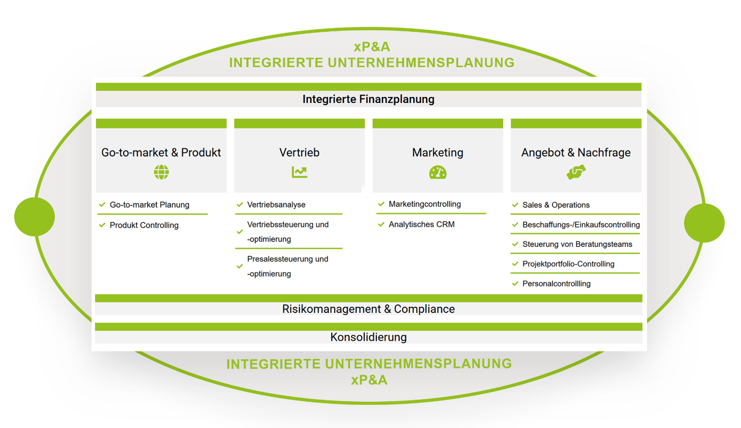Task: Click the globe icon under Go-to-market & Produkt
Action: point(161,172)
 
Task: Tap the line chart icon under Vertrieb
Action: point(299,172)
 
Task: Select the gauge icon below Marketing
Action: point(437,173)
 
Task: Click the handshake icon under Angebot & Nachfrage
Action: point(576,173)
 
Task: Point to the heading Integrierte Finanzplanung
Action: point(368,99)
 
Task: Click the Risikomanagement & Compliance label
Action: point(368,309)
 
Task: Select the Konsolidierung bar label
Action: point(368,337)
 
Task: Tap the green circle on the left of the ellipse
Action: point(34,217)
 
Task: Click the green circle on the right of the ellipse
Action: point(704,223)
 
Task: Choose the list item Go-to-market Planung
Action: point(150,204)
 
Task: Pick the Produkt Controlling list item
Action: point(144,225)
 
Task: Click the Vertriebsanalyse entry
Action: point(276,204)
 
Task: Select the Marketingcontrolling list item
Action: point(424,204)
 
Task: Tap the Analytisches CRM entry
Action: point(421,224)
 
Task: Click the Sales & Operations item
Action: point(556,205)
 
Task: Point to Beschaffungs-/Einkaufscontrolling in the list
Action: point(581,225)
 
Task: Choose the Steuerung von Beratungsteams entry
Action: point(577,244)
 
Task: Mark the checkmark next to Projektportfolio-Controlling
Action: point(515,264)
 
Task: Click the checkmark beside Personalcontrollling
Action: point(515,284)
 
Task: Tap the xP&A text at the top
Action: point(372,47)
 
